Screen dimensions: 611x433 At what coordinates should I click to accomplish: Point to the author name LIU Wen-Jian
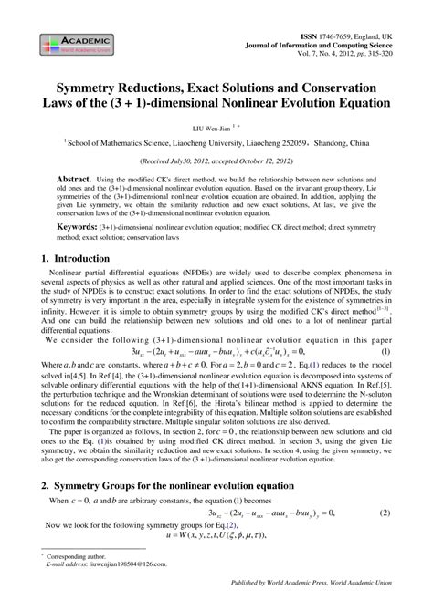point(209,129)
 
